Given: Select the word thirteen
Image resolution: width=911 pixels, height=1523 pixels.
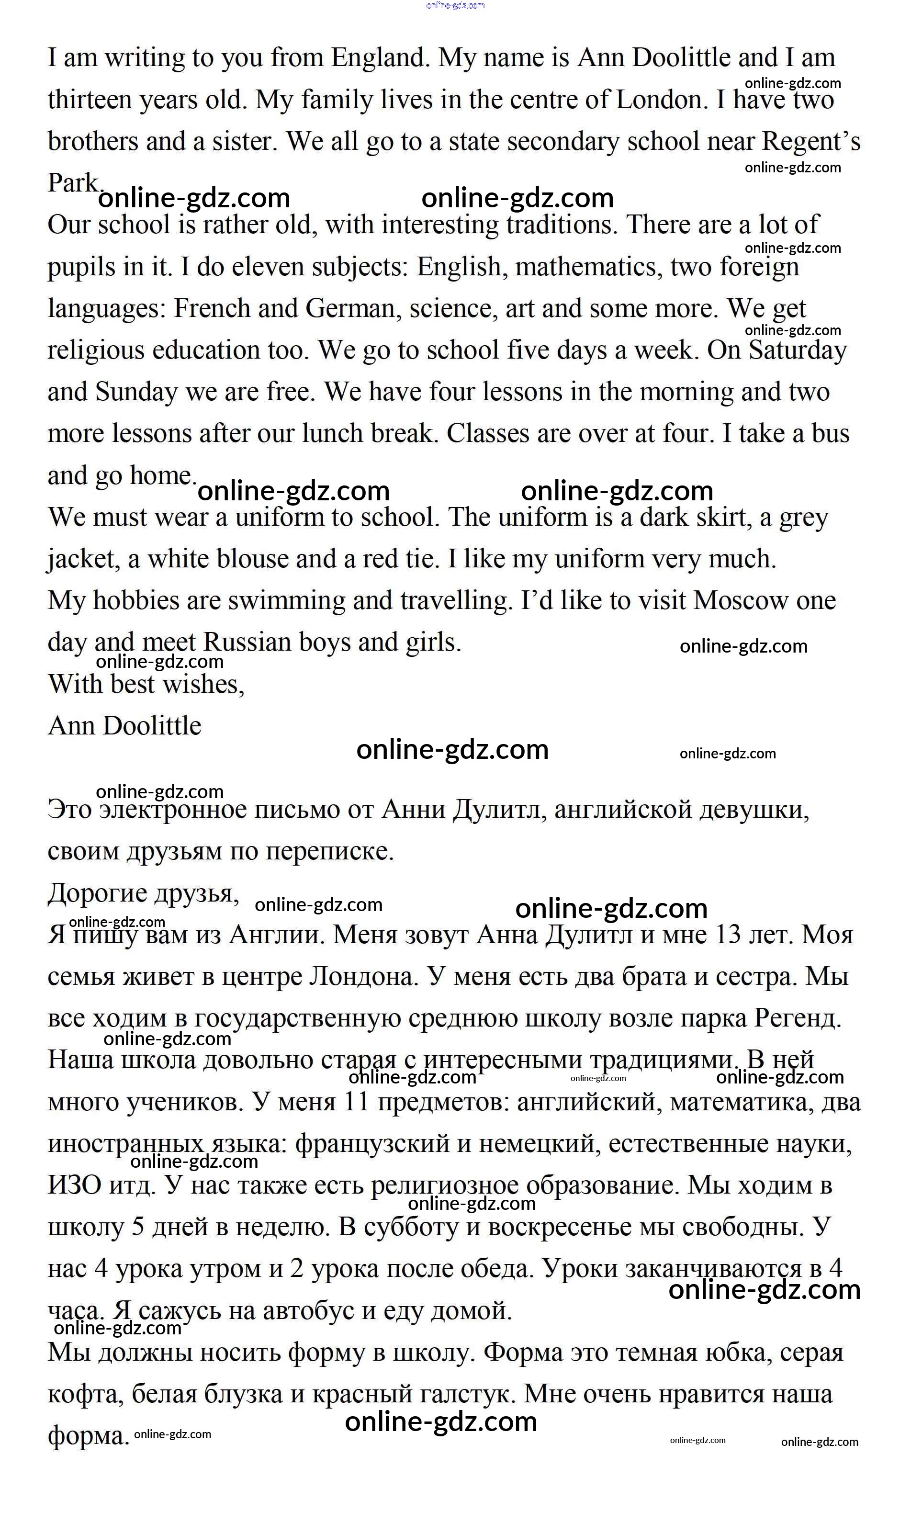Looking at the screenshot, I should tap(89, 100).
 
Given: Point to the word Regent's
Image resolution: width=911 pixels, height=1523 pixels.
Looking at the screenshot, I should tap(811, 142).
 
